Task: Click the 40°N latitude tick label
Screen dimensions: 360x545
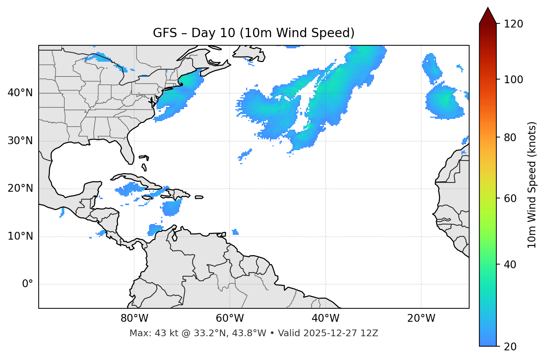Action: [x=20, y=93]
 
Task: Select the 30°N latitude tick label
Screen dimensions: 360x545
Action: [x=20, y=141]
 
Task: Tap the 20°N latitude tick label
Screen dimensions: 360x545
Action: [x=20, y=188]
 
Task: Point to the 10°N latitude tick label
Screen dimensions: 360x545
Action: [x=20, y=236]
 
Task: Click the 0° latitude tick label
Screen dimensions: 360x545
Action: [x=28, y=284]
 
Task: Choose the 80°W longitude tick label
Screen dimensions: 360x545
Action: [x=134, y=318]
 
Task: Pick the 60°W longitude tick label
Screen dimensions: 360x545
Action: [x=230, y=318]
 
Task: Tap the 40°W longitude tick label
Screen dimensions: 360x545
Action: [x=325, y=318]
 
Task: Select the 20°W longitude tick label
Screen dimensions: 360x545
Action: [x=421, y=318]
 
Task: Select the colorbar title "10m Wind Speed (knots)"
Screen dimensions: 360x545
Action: [x=532, y=185]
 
